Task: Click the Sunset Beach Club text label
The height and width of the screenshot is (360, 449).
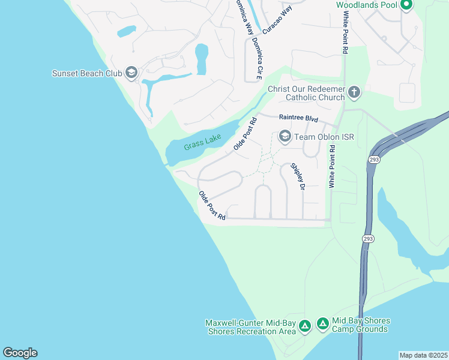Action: [x=87, y=74]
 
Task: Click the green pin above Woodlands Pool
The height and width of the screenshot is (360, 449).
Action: [x=406, y=5]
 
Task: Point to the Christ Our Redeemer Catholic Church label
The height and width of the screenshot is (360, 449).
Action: [x=306, y=93]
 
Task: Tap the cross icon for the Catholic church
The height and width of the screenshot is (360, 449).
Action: [x=354, y=92]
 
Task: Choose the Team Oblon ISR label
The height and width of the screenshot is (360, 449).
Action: [x=324, y=137]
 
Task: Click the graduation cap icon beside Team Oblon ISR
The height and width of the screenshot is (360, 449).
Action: [x=285, y=137]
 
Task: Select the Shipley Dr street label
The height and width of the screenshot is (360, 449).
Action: [x=298, y=177]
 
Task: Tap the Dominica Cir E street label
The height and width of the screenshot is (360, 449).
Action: [x=259, y=58]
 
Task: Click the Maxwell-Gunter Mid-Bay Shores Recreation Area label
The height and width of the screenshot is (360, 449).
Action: [x=251, y=326]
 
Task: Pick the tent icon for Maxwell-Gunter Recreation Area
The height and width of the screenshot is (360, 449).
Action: [x=305, y=326]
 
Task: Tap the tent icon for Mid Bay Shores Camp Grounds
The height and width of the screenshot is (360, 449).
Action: [x=322, y=324]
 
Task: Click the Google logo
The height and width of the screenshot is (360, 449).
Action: [x=20, y=353]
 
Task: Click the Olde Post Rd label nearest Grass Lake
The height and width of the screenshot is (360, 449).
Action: [x=245, y=133]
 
